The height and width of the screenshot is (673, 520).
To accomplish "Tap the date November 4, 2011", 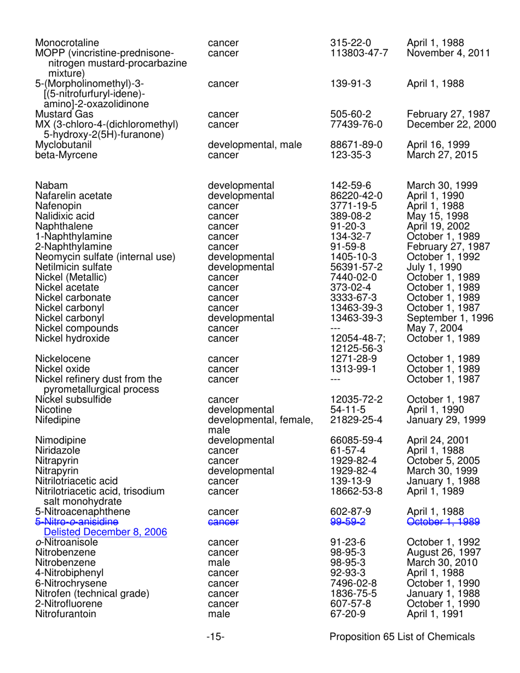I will (448, 53).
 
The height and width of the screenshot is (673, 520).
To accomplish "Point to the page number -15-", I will (216, 637).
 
